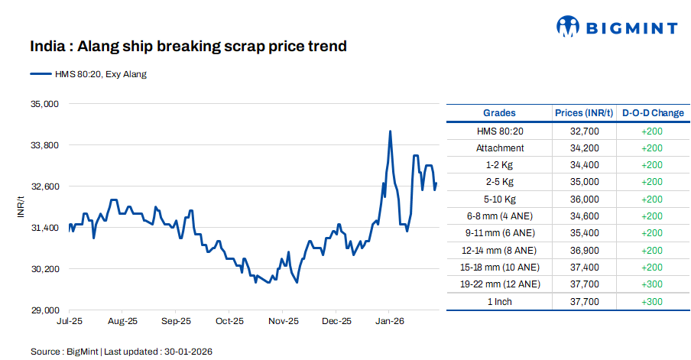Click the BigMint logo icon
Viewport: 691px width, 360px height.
pos(568,27)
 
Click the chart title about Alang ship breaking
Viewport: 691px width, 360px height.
pos(188,47)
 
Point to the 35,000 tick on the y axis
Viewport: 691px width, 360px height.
pos(44,103)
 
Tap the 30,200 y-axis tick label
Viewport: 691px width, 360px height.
pos(44,269)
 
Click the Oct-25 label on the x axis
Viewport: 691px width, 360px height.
pos(229,322)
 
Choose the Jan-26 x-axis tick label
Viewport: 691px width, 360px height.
pos(389,322)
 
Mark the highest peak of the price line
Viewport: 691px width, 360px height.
pos(391,131)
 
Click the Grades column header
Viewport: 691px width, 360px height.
pos(499,113)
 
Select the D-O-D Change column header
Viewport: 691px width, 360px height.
pos(653,113)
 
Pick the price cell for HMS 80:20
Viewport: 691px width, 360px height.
pos(584,131)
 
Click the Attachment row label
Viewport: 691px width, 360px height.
pos(500,148)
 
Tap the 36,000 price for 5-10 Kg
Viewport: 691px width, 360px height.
pos(584,199)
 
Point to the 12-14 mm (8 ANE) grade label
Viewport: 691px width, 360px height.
pos(500,251)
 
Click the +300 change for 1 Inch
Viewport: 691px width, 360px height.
pos(652,302)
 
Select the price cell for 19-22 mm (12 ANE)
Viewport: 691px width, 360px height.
pos(584,284)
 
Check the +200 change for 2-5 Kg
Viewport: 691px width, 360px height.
pos(652,182)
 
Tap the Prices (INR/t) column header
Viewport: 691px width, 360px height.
pos(584,113)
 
